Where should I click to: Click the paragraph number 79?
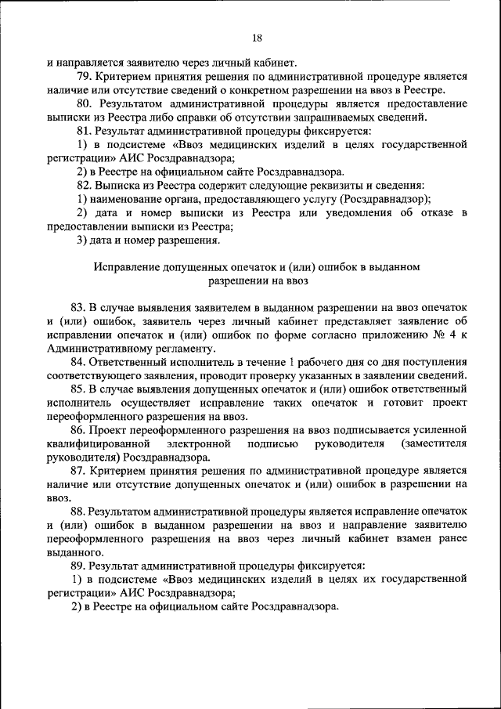[84, 77]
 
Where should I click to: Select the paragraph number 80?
[84, 104]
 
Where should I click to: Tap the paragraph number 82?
[84, 186]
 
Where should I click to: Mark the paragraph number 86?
[77, 430]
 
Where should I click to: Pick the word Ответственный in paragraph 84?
[130, 362]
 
